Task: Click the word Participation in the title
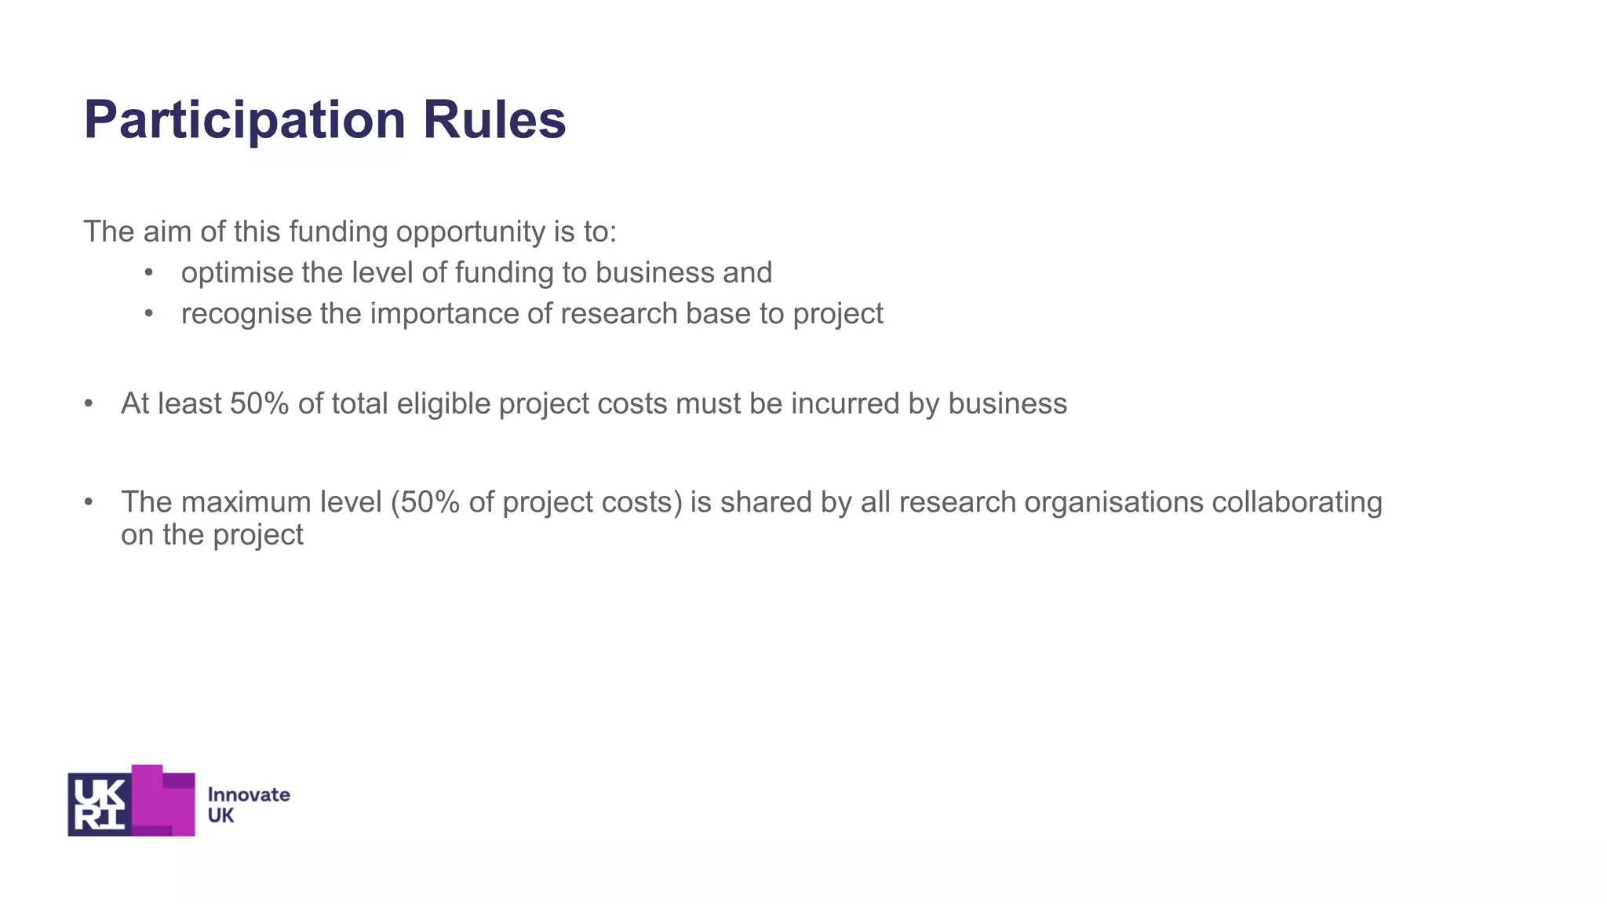pyautogui.click(x=244, y=120)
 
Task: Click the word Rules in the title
pyautogui.click(x=494, y=120)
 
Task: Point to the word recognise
pyautogui.click(x=246, y=314)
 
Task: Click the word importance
pyautogui.click(x=443, y=314)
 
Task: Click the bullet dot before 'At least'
pyautogui.click(x=89, y=403)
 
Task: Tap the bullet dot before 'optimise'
pyautogui.click(x=149, y=273)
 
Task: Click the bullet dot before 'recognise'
pyautogui.click(x=149, y=314)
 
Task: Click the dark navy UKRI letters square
pyautogui.click(x=99, y=804)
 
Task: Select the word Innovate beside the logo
pyautogui.click(x=249, y=794)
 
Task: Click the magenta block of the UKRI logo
pyautogui.click(x=166, y=802)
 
